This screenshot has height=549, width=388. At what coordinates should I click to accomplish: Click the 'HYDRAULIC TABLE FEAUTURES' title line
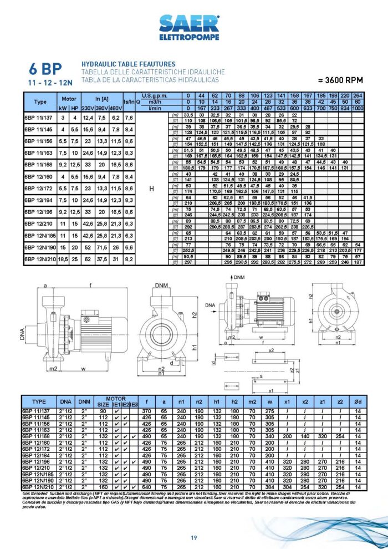(128, 65)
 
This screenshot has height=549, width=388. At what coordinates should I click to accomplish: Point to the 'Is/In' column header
(128, 102)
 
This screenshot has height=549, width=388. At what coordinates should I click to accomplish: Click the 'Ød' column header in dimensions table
(358, 400)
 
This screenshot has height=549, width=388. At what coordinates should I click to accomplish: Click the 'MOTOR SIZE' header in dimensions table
(104, 400)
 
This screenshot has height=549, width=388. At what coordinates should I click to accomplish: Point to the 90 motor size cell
(103, 411)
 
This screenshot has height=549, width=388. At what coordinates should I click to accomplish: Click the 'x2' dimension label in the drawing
(271, 350)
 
